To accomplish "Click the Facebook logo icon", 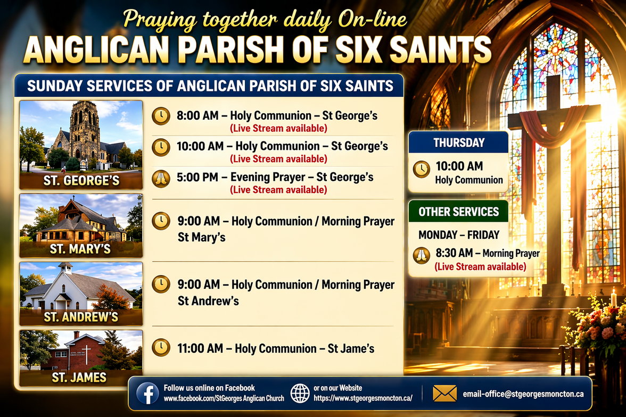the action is click(147, 394).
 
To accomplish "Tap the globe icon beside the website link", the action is click(299, 394).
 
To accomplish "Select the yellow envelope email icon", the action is click(445, 394).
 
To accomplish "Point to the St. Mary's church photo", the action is click(81, 226).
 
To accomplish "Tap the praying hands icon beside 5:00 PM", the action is click(161, 178).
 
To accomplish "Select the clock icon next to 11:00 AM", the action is click(161, 347).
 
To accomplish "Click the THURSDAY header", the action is click(459, 143).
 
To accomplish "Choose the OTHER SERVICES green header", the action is click(459, 212).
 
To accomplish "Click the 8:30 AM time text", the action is click(455, 253).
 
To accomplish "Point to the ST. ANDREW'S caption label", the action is click(81, 317).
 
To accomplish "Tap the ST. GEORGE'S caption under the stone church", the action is click(81, 181).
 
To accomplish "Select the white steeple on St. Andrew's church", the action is click(66, 268).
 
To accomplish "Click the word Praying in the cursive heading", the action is click(160, 20).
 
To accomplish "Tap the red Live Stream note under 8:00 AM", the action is click(279, 128).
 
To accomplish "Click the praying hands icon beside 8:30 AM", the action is click(421, 255).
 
